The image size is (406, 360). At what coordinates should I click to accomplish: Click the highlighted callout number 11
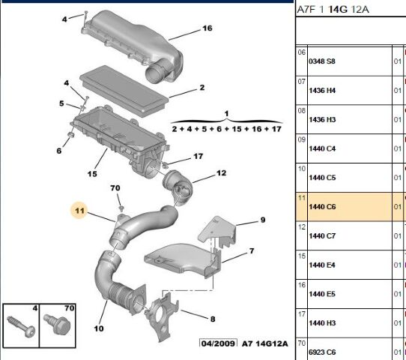79,210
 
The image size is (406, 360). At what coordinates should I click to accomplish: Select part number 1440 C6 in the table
322,206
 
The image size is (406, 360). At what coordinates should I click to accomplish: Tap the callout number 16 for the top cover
207,28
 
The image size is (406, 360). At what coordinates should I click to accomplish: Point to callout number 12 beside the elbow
221,172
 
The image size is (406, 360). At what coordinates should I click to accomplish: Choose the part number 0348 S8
322,61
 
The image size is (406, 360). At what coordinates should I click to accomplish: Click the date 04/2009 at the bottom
218,343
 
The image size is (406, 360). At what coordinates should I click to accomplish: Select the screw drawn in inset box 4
21,326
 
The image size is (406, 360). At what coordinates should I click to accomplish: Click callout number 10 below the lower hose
99,328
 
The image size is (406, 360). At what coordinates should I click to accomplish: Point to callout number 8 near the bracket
213,319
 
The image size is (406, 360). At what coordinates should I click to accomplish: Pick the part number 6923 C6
322,352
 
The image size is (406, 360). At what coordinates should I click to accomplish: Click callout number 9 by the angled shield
263,220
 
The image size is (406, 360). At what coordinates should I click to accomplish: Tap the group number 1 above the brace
226,113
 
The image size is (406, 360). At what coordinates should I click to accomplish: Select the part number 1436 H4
322,90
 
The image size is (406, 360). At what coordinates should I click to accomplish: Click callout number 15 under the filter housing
92,174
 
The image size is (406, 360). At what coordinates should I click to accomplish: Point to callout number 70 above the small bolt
115,187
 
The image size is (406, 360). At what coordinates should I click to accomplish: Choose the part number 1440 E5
322,294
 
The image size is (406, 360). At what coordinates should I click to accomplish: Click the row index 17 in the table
302,314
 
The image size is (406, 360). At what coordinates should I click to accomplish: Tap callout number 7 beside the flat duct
252,251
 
